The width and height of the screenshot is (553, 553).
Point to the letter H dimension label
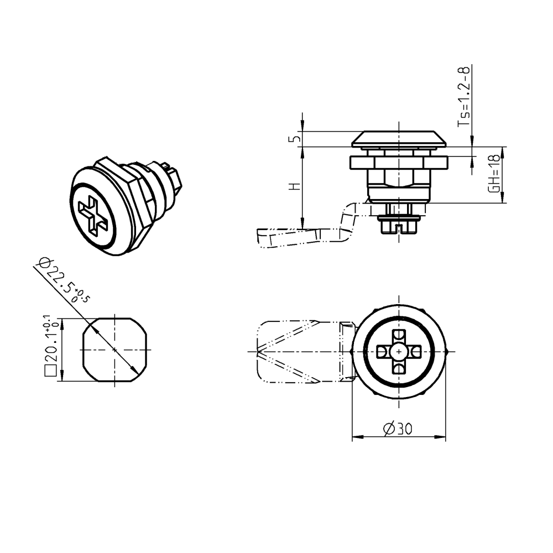click(x=296, y=187)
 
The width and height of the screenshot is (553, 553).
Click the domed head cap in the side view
click(x=398, y=139)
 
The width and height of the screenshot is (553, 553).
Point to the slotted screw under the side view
click(x=398, y=226)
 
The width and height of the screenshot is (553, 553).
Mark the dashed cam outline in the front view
click(x=288, y=352)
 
